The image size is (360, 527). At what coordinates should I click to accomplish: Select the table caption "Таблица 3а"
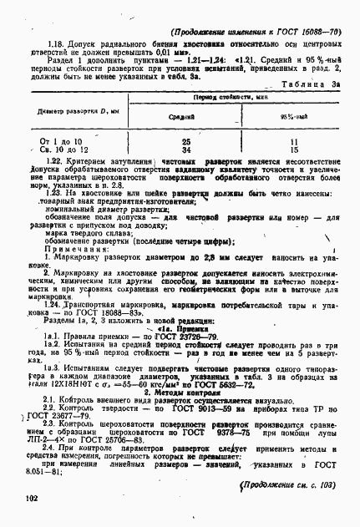coord(312,85)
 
